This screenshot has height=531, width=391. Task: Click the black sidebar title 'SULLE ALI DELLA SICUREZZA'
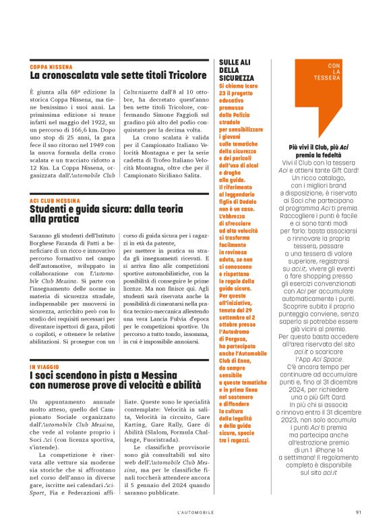tap(237, 70)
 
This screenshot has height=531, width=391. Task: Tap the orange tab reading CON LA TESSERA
tap(328, 72)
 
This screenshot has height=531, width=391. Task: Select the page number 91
tap(359, 510)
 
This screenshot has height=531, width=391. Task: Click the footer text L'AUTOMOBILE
tap(195, 510)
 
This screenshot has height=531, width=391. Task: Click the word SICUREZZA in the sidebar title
tap(237, 78)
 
